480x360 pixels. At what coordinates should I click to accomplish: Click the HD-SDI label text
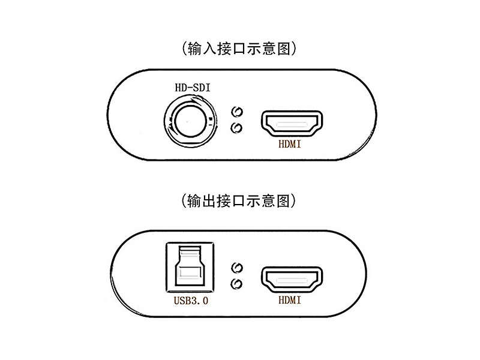click(193, 88)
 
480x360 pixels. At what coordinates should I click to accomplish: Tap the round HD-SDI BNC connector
click(190, 121)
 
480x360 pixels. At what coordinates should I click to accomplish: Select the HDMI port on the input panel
click(292, 124)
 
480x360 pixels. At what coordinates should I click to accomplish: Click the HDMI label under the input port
click(290, 144)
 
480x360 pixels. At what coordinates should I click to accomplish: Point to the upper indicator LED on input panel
click(236, 112)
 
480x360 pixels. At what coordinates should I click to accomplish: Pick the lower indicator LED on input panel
click(236, 128)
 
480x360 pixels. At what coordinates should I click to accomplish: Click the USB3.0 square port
click(190, 267)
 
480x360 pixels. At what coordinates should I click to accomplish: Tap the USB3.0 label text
click(191, 301)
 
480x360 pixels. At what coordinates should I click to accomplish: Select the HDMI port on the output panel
click(292, 280)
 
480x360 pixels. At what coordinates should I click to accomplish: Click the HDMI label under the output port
click(290, 300)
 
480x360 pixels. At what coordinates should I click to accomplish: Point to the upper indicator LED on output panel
click(236, 268)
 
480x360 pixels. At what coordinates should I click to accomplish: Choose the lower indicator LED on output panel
click(236, 284)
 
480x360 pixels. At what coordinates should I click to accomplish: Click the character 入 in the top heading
click(209, 49)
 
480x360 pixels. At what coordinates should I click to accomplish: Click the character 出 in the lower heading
click(209, 202)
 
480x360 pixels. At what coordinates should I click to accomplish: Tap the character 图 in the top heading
click(284, 49)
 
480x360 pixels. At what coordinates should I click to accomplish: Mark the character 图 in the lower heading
click(283, 202)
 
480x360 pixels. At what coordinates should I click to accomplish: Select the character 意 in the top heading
click(269, 49)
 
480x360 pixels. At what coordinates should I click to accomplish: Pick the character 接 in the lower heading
click(224, 202)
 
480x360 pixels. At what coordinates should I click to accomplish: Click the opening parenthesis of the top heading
click(184, 49)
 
